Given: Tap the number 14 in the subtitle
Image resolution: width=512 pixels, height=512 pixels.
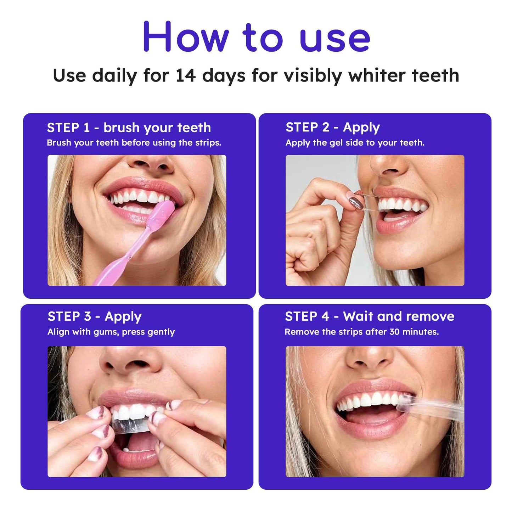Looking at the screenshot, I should tap(186, 75).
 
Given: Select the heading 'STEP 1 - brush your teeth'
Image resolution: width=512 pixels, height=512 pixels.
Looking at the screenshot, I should tap(129, 128).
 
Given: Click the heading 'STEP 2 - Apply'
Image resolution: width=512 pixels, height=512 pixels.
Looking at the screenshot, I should tap(332, 127).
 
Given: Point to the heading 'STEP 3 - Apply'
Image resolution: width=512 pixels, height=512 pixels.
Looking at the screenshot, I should tap(94, 316).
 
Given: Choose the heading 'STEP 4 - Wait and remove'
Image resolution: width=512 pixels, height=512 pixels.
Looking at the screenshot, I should tap(369, 316).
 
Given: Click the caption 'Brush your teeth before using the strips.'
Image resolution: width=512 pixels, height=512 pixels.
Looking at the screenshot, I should tap(134, 143).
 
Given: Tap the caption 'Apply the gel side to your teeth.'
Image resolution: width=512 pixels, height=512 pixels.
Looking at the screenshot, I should tap(355, 143).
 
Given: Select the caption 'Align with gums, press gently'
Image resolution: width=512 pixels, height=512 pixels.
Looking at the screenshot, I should tap(111, 332).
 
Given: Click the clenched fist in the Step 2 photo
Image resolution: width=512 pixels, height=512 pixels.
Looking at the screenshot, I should tap(308, 248).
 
